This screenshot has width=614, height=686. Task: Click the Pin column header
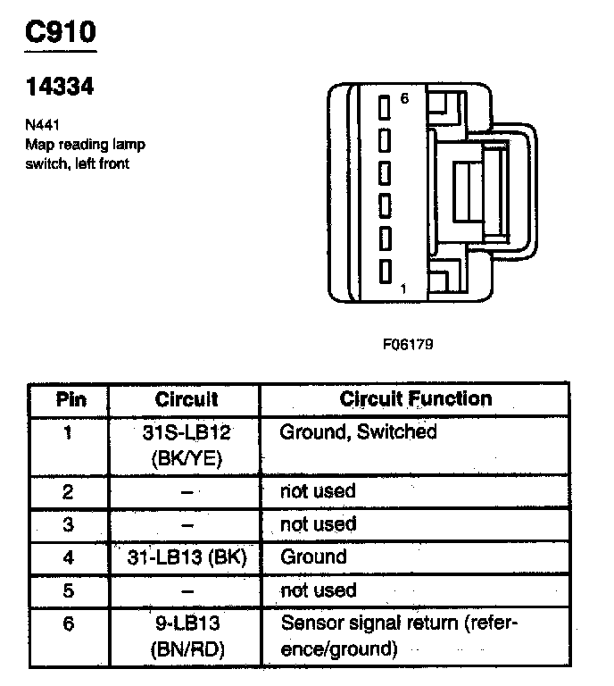coord(71,399)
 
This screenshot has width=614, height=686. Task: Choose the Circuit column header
coord(187,399)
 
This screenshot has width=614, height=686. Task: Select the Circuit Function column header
coord(416,398)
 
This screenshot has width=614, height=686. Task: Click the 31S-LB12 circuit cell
coord(187,432)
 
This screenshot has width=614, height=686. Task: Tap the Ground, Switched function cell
coord(359,432)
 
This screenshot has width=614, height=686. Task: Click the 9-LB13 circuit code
coord(187,623)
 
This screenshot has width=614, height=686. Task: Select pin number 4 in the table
coord(71,557)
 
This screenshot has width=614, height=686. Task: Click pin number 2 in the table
coord(71,491)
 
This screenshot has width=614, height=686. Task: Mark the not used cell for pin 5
coord(318,590)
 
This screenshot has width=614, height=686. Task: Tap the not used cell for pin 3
coord(318,524)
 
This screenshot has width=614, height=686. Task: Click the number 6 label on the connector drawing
coord(404,99)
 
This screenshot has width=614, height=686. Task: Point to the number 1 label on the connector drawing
coord(404,289)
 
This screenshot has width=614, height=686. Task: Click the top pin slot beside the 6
coord(386,108)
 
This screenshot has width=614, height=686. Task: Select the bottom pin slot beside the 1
coord(386,272)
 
